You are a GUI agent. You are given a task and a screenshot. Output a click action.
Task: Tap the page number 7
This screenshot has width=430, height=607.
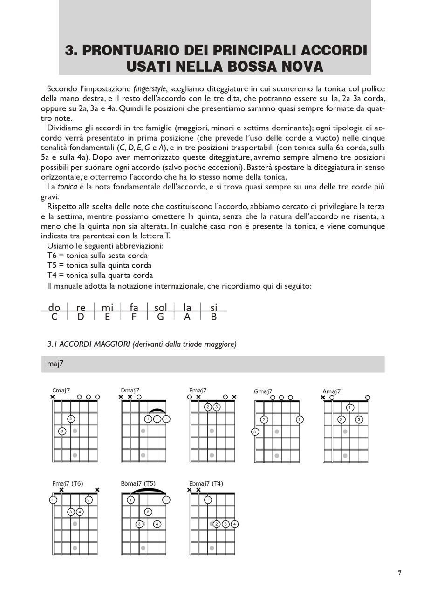pos(399,573)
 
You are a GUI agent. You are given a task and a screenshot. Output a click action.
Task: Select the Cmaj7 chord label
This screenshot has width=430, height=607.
pos(61,391)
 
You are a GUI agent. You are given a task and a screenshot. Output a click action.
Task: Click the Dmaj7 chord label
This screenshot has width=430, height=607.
pos(130,391)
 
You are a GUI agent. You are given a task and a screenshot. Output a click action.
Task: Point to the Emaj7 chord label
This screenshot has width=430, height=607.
pos(198,391)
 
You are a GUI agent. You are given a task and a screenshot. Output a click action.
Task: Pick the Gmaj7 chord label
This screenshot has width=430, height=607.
pos(263,391)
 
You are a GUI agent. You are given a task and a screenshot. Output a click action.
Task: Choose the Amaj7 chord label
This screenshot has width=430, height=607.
pos(332,391)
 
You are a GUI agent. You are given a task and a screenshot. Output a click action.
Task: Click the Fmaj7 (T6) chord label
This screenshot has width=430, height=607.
pos(68,484)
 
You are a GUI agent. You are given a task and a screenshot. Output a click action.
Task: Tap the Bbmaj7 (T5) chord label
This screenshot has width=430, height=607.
pos(138,484)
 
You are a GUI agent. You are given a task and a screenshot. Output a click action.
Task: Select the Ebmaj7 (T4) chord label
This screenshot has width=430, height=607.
pos(206,484)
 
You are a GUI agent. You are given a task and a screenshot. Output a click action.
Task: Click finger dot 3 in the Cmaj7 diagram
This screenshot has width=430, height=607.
pos(62,431)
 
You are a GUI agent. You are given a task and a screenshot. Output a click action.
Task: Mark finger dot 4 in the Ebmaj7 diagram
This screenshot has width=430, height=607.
pos(234,524)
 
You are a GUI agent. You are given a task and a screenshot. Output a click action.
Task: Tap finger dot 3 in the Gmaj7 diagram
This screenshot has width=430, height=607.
pos(255,432)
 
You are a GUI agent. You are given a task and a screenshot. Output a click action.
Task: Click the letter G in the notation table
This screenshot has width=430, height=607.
pos(160,317)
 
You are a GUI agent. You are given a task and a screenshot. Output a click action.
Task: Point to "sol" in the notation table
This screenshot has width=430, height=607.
pos(160,308)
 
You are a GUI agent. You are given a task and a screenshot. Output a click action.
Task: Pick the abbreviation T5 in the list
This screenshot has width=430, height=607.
pos(52,265)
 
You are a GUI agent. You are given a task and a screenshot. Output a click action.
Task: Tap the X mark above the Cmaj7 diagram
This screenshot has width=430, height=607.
pos(52,397)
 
